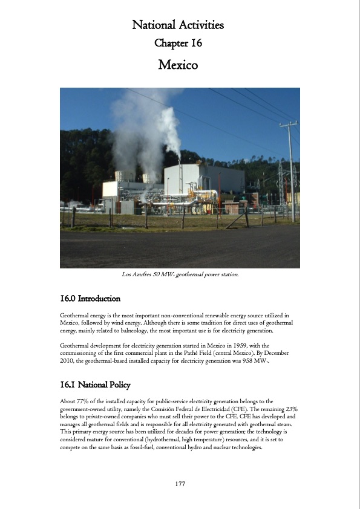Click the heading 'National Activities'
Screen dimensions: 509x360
[178, 25]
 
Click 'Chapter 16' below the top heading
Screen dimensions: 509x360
[178, 43]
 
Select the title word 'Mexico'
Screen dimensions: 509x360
[178, 64]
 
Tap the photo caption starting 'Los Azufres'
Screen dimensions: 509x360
[180, 275]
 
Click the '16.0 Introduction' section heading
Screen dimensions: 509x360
[90, 299]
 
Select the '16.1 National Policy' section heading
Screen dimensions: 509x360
[95, 384]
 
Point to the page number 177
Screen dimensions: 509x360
[179, 484]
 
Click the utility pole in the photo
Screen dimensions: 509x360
[291, 169]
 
